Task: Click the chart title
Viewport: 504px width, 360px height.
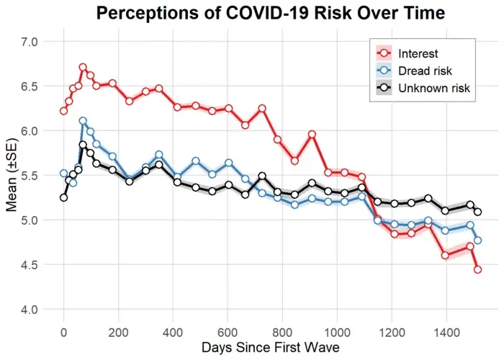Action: coord(271,13)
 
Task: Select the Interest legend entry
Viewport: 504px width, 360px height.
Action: coord(407,53)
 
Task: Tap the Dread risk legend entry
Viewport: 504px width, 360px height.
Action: coord(414,71)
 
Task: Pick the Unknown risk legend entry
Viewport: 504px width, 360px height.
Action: coord(423,88)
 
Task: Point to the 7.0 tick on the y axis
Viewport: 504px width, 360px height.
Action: coord(30,42)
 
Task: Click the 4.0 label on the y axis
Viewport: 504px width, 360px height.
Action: coord(30,310)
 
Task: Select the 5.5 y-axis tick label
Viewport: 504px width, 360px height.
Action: coord(30,176)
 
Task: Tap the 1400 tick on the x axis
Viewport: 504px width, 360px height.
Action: coord(446,333)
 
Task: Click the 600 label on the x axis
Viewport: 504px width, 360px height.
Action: coord(228,333)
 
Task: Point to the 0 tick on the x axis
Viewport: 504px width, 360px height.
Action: coord(63,333)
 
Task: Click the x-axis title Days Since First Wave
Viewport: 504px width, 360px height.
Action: coord(271,348)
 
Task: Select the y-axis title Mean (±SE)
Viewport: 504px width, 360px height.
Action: coord(12,175)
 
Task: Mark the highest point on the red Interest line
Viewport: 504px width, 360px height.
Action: coord(83,67)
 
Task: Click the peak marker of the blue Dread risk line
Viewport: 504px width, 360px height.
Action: coord(83,121)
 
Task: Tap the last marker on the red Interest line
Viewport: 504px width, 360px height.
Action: coord(477,269)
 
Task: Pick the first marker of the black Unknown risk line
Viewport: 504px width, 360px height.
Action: coord(63,198)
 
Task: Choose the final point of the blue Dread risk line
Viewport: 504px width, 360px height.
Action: coord(477,240)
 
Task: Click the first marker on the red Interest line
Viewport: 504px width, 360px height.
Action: coord(63,111)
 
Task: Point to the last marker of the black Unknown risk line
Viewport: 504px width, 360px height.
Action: coord(477,212)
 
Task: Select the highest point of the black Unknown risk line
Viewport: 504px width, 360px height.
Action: coord(83,145)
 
